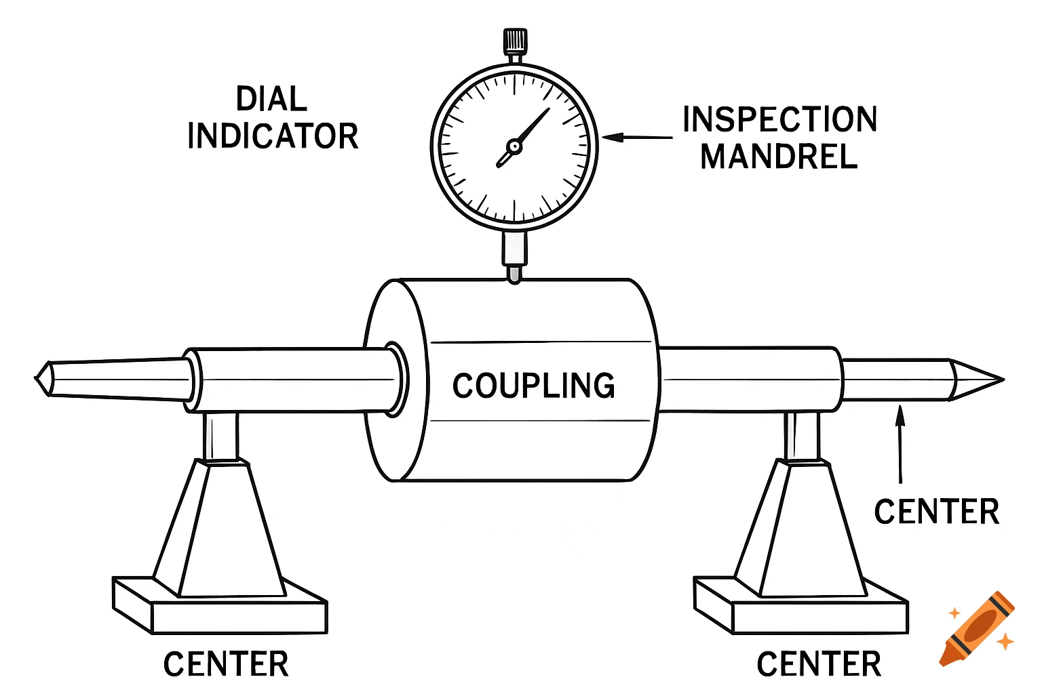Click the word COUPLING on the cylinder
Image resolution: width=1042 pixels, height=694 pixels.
click(x=533, y=386)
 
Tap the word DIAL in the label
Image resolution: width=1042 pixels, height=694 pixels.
click(x=271, y=99)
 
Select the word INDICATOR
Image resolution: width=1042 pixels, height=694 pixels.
click(x=273, y=136)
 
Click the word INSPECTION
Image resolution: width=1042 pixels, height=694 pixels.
click(x=779, y=120)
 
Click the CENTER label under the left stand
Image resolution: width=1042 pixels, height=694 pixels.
click(x=226, y=664)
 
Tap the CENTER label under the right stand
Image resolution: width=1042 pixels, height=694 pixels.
click(x=819, y=664)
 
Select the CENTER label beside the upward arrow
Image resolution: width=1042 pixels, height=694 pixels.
click(x=936, y=512)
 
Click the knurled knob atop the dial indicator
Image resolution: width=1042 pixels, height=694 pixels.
click(x=515, y=41)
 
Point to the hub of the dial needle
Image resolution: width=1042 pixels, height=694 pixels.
click(x=514, y=146)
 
